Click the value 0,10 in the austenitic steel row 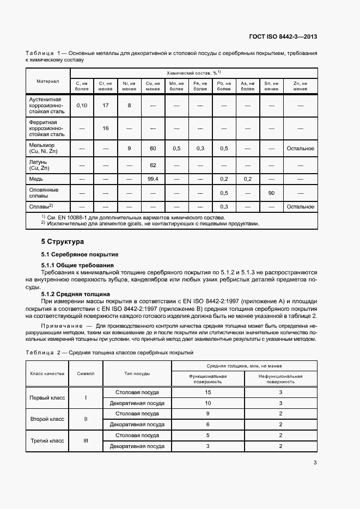[82, 105]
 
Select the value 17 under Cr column [106, 105]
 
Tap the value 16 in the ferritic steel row [106, 128]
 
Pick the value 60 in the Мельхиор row [153, 148]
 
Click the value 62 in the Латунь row [153, 165]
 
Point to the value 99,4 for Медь [153, 179]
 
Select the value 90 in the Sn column [271, 193]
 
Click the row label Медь [36, 179]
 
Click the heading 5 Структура [62, 241]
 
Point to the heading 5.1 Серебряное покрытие [80, 254]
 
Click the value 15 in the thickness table [208, 392]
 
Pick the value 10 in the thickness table [208, 403]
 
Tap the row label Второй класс [47, 419]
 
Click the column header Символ [86, 373]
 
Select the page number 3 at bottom [315, 463]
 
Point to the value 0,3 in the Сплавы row [224, 207]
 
